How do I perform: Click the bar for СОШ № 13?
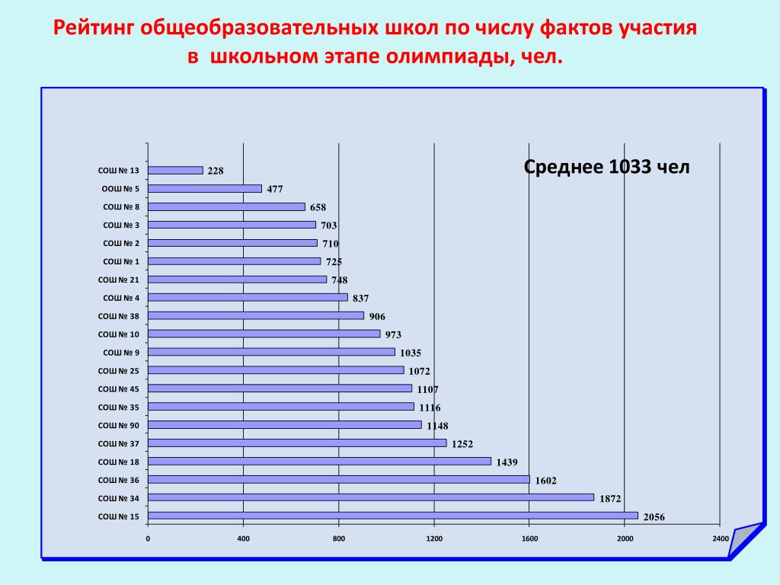pyautogui.click(x=176, y=171)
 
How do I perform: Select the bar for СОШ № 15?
pyautogui.click(x=393, y=516)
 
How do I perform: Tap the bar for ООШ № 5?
pyautogui.click(x=205, y=189)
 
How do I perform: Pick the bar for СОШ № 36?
pyautogui.click(x=339, y=480)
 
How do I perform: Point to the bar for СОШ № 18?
pyautogui.click(x=320, y=462)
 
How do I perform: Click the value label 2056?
pyautogui.click(x=654, y=517)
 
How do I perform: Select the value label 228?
pyautogui.click(x=216, y=171)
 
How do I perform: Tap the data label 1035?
pyautogui.click(x=411, y=353)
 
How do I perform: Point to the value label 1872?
pyautogui.click(x=610, y=499)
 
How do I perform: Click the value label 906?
pyautogui.click(x=377, y=317)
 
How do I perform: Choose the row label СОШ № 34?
pyautogui.click(x=118, y=498)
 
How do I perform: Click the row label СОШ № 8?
pyautogui.click(x=121, y=207)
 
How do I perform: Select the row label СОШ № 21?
pyautogui.click(x=118, y=280)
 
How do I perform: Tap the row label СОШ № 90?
pyautogui.click(x=118, y=426)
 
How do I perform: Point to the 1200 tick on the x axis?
pyautogui.click(x=434, y=539)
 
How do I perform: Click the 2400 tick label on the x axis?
pyautogui.click(x=721, y=539)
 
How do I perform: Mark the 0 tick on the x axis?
pyautogui.click(x=148, y=539)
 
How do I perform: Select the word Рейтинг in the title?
pyautogui.click(x=93, y=28)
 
